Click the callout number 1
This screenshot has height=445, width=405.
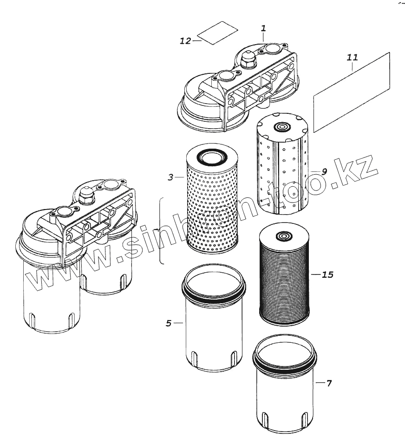point(263,28)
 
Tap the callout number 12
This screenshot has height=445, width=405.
point(185,41)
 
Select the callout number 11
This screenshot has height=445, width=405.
point(353,58)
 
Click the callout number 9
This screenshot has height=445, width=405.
point(324,171)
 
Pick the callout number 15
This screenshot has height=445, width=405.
point(327,275)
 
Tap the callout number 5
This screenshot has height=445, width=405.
point(169,323)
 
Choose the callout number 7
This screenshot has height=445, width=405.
point(329,383)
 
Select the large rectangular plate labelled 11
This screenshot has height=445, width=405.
point(352,92)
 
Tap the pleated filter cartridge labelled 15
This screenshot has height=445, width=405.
point(282,279)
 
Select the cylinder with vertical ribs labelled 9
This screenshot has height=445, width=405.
point(281,167)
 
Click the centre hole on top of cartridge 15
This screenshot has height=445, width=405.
point(282,236)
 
